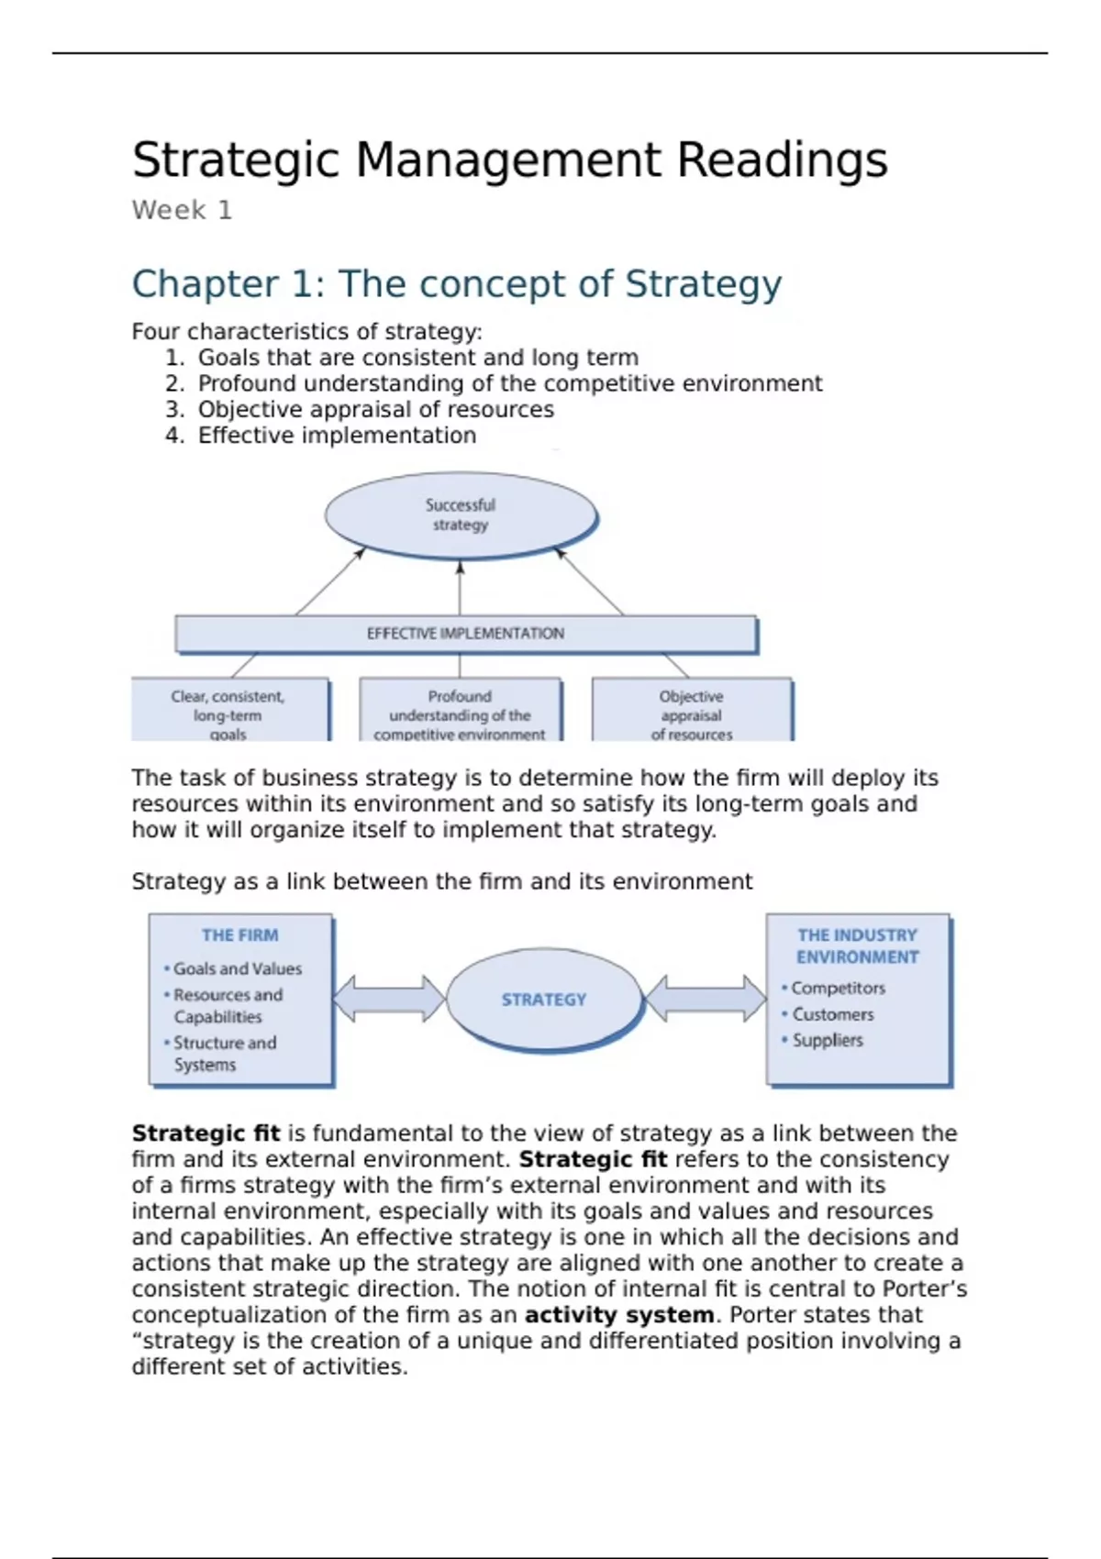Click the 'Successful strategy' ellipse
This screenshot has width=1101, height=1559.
(461, 514)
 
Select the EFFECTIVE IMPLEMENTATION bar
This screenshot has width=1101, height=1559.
(465, 634)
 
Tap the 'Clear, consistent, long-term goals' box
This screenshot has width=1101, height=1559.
(228, 712)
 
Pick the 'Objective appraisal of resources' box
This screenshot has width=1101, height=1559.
(692, 712)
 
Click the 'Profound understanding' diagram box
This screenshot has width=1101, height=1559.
(460, 712)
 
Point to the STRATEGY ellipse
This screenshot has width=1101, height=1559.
(544, 1000)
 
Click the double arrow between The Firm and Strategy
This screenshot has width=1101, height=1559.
(389, 999)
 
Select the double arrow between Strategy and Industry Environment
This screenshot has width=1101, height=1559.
(706, 999)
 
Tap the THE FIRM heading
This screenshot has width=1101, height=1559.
(240, 935)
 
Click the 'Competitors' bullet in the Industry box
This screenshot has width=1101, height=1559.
(838, 989)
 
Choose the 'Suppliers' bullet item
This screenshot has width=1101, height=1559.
(827, 1041)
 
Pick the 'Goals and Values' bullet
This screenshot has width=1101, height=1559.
(237, 968)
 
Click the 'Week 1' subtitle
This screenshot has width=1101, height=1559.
(182, 211)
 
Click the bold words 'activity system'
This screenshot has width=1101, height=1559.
(619, 1315)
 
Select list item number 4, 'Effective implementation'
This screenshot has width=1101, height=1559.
(337, 436)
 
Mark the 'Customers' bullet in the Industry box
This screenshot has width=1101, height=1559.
(832, 1015)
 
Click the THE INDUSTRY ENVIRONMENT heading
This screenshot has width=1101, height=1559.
(858, 946)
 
